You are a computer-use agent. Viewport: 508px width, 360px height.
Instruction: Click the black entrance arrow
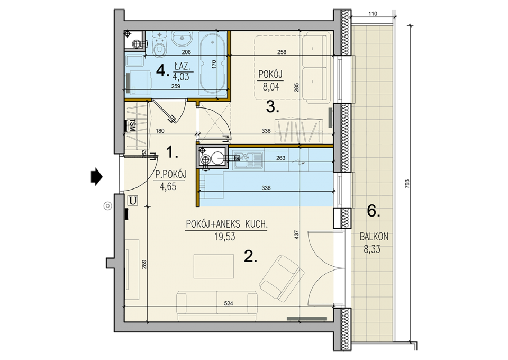(96, 177)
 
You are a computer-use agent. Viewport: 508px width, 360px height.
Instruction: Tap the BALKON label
(374, 237)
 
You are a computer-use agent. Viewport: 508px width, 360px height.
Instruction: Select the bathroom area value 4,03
(181, 77)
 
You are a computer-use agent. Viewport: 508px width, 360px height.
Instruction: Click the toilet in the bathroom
(159, 44)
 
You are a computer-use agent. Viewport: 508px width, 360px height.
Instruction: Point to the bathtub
(212, 62)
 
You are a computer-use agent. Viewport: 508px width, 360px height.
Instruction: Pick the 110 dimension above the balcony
(373, 14)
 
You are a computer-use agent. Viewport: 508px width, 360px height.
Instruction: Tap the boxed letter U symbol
(133, 201)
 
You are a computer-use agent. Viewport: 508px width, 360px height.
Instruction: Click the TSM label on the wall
(132, 125)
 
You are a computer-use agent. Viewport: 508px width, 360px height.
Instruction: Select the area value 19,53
(224, 237)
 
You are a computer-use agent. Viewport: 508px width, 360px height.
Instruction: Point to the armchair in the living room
(282, 277)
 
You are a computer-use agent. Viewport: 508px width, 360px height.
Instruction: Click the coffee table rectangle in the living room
(214, 266)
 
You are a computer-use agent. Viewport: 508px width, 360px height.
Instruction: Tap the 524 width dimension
(229, 304)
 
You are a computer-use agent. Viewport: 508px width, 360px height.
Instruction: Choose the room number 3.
(273, 107)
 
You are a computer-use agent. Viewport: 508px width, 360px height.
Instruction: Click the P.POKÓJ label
(171, 175)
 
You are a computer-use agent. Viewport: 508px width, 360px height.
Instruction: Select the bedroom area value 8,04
(271, 87)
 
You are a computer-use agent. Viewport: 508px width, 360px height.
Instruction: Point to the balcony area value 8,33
(372, 249)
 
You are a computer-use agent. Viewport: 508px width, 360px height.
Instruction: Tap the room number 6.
(374, 211)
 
